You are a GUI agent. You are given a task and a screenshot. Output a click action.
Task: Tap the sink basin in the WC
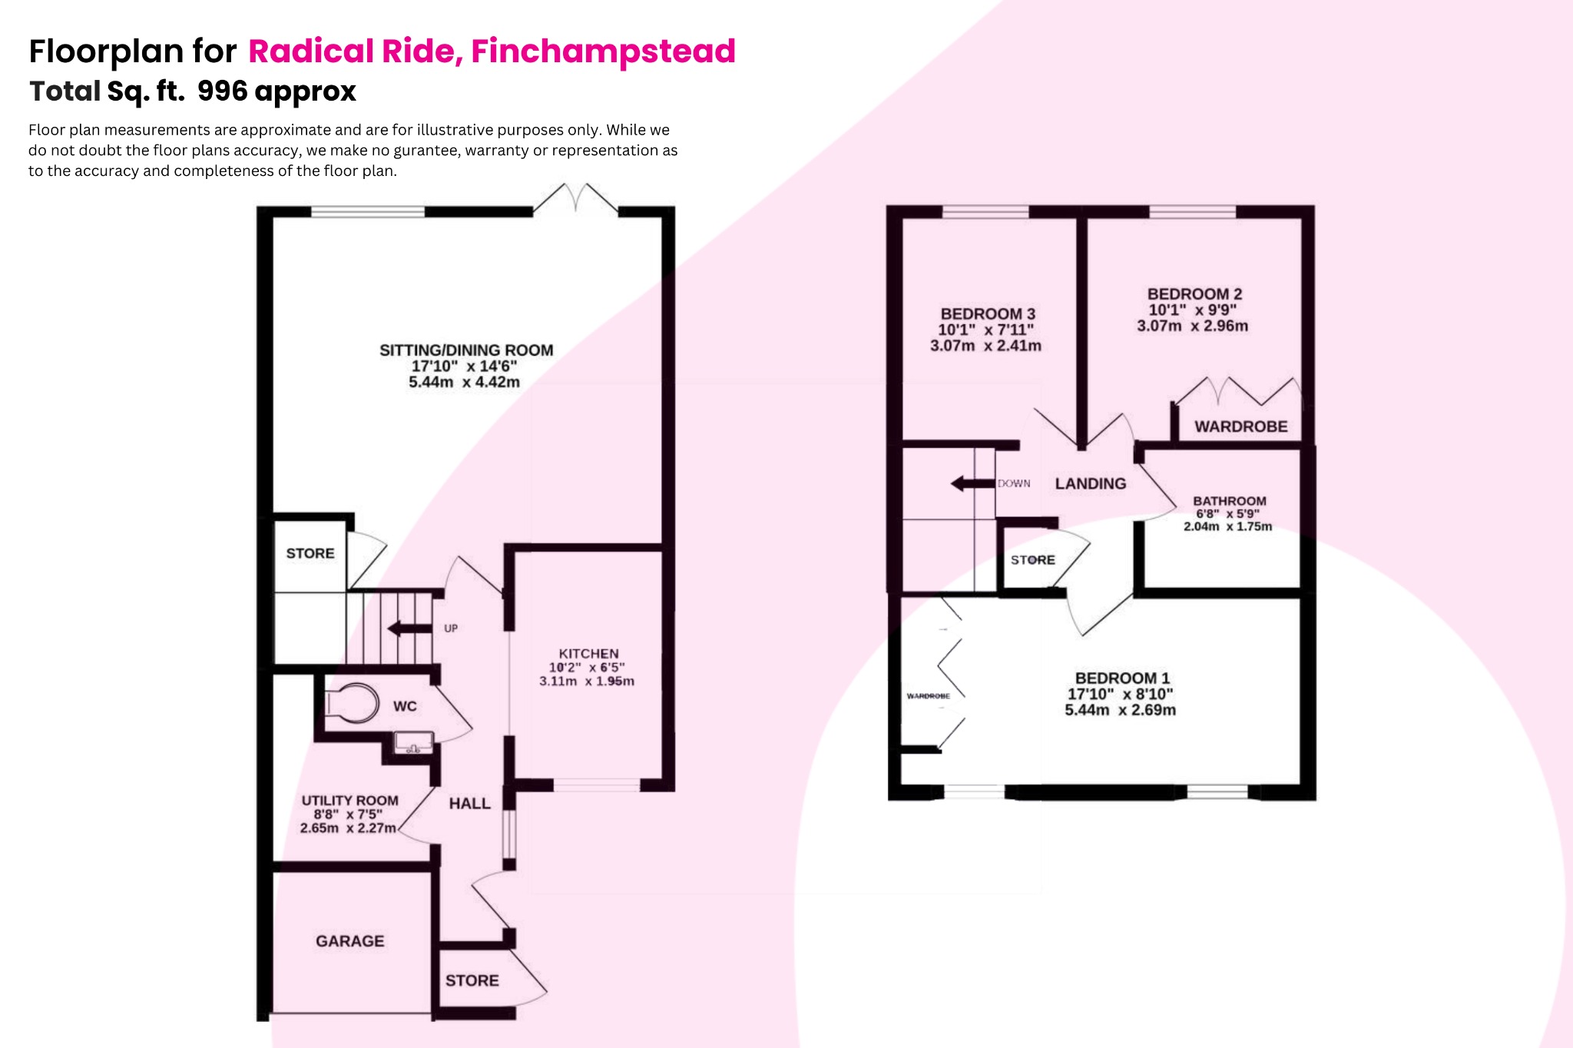(x=413, y=743)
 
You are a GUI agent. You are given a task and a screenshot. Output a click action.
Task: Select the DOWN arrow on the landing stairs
(x=972, y=483)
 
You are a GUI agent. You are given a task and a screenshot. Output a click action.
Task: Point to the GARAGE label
(x=349, y=941)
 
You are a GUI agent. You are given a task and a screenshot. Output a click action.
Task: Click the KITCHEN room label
(x=588, y=654)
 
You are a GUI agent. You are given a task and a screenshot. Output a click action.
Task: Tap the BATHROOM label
(x=1229, y=501)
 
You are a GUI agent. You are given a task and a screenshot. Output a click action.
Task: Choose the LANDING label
(x=1090, y=483)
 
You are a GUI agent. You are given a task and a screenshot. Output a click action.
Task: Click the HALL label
(x=469, y=804)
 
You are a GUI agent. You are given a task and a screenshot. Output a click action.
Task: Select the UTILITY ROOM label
(x=349, y=801)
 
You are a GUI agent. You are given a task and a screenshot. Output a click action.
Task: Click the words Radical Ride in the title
(x=354, y=51)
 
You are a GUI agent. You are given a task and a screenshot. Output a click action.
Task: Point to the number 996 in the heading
(x=222, y=91)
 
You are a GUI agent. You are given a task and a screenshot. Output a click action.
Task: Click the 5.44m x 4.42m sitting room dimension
(x=464, y=383)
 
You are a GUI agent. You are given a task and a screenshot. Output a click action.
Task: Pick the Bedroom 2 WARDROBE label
(x=1240, y=426)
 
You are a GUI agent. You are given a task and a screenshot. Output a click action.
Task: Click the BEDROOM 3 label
(x=988, y=313)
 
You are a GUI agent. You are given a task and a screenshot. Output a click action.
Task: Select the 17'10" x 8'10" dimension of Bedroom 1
(x=1120, y=694)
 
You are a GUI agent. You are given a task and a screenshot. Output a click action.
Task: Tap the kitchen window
(x=596, y=785)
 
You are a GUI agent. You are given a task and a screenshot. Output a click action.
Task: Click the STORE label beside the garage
(x=472, y=980)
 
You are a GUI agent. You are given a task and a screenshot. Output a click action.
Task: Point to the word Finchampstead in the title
(x=603, y=51)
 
